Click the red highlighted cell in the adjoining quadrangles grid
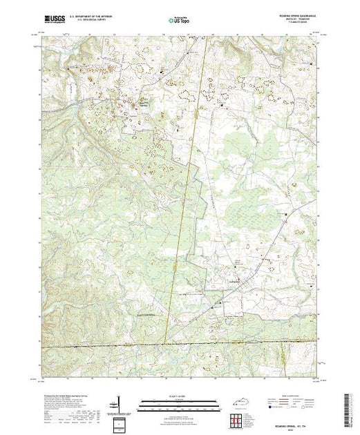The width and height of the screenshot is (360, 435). [236, 419]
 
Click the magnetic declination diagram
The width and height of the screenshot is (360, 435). [118, 402]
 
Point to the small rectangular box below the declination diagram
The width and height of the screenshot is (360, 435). [119, 420]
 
